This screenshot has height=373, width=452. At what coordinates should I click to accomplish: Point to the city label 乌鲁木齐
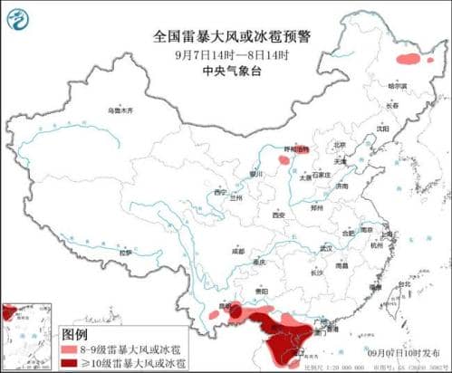point(120,110)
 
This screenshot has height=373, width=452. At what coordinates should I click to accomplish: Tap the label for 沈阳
point(371,129)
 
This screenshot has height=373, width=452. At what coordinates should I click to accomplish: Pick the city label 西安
point(279,215)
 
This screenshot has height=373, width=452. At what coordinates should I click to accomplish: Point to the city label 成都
point(238,251)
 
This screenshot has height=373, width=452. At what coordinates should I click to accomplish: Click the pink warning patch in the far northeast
point(409,60)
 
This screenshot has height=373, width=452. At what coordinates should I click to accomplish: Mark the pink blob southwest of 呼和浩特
point(284,160)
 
